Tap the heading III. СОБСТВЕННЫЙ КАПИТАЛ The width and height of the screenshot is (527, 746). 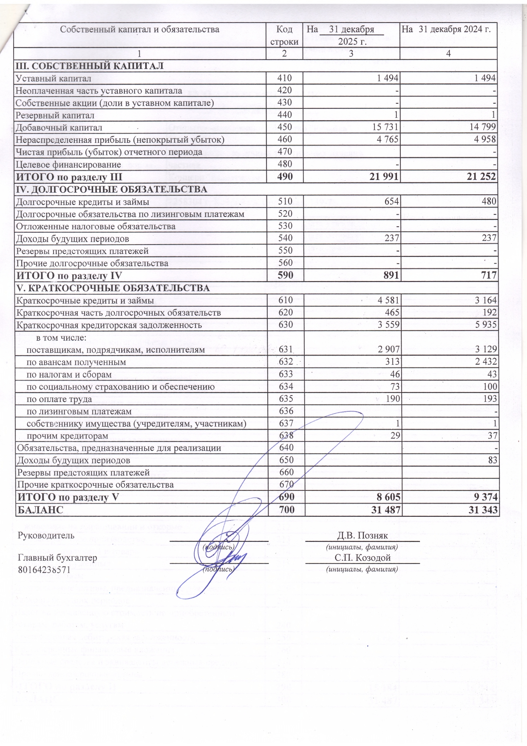coord(90,66)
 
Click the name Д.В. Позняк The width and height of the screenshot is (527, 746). coord(362,535)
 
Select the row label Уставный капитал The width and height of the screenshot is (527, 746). coord(53,78)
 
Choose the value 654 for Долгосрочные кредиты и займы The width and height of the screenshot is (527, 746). coord(391,202)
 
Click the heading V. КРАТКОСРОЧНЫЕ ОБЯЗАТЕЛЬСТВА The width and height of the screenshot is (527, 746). coord(113,288)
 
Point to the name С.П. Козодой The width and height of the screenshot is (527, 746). coord(362,558)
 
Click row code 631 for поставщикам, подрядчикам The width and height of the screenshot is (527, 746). coord(285,350)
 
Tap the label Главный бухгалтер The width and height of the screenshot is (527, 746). coord(57,558)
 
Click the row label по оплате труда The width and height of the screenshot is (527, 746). coord(59,399)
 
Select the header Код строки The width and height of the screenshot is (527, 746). coord(284,35)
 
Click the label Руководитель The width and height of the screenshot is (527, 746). coord(46,535)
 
